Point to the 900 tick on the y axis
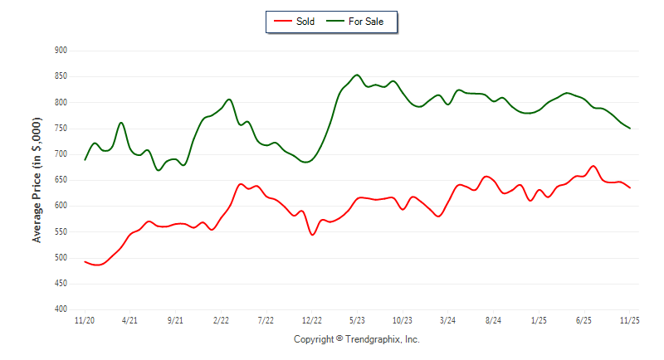[x=61, y=51]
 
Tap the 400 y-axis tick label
[x=61, y=309]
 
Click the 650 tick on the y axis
[x=61, y=180]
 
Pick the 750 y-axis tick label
[x=61, y=129]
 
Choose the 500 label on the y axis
[x=61, y=258]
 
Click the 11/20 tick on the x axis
[x=85, y=319]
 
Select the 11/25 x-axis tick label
[x=630, y=319]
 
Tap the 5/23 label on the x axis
[x=357, y=319]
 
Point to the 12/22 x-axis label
[x=312, y=319]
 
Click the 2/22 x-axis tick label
[x=221, y=319]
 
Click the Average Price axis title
[x=37, y=180]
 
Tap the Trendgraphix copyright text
[x=357, y=339]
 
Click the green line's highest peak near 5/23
[x=357, y=75]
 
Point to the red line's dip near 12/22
[x=312, y=235]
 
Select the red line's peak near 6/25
[x=593, y=166]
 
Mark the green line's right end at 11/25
[x=630, y=129]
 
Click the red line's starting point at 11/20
[x=85, y=261]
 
